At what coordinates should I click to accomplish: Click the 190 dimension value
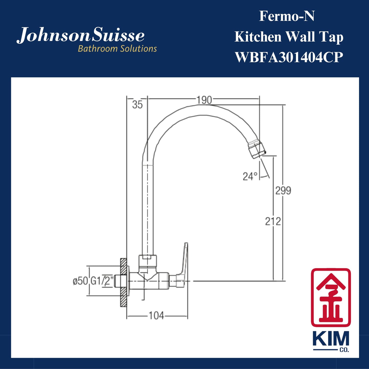(204, 100)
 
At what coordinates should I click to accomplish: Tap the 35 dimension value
(137, 105)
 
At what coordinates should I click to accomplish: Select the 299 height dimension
(283, 191)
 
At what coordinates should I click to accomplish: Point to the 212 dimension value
(273, 221)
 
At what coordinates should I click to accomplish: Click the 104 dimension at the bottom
(156, 316)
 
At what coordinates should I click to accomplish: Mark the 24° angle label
(250, 176)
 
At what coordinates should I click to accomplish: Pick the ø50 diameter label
(80, 281)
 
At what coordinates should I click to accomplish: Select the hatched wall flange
(124, 282)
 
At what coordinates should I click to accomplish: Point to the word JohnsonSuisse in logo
(81, 35)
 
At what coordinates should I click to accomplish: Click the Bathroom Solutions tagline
(117, 49)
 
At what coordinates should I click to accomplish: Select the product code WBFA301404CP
(289, 57)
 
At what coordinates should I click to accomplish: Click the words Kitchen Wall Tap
(289, 37)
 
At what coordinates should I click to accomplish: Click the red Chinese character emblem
(331, 297)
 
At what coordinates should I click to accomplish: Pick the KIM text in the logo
(331, 339)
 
